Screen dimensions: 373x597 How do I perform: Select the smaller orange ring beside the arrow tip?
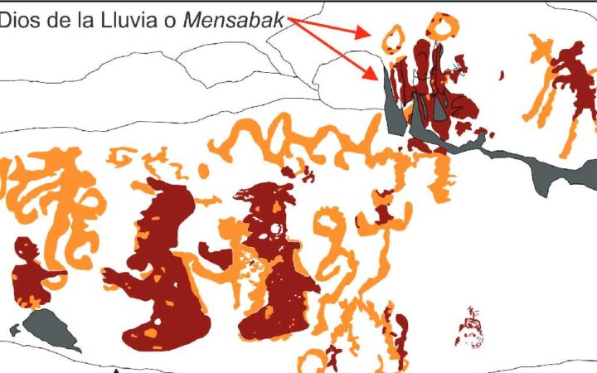(393, 37)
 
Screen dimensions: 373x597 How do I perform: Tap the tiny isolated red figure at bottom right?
(470, 328)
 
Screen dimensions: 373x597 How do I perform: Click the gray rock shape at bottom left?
(50, 327)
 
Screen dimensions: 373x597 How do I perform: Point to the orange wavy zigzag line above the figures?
(315, 137)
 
